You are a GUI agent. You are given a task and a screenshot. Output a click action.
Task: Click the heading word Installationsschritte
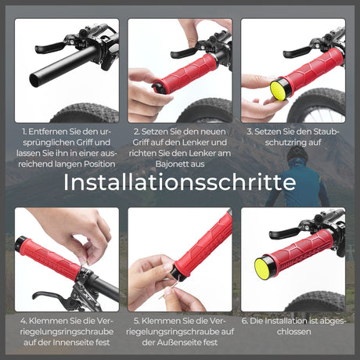click(x=179, y=182)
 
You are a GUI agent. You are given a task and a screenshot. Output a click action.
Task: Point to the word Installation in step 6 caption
click(x=293, y=320)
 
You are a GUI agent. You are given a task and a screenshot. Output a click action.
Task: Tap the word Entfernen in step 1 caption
click(x=50, y=131)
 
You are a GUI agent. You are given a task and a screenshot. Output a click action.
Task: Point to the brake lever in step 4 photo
click(x=55, y=296)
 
